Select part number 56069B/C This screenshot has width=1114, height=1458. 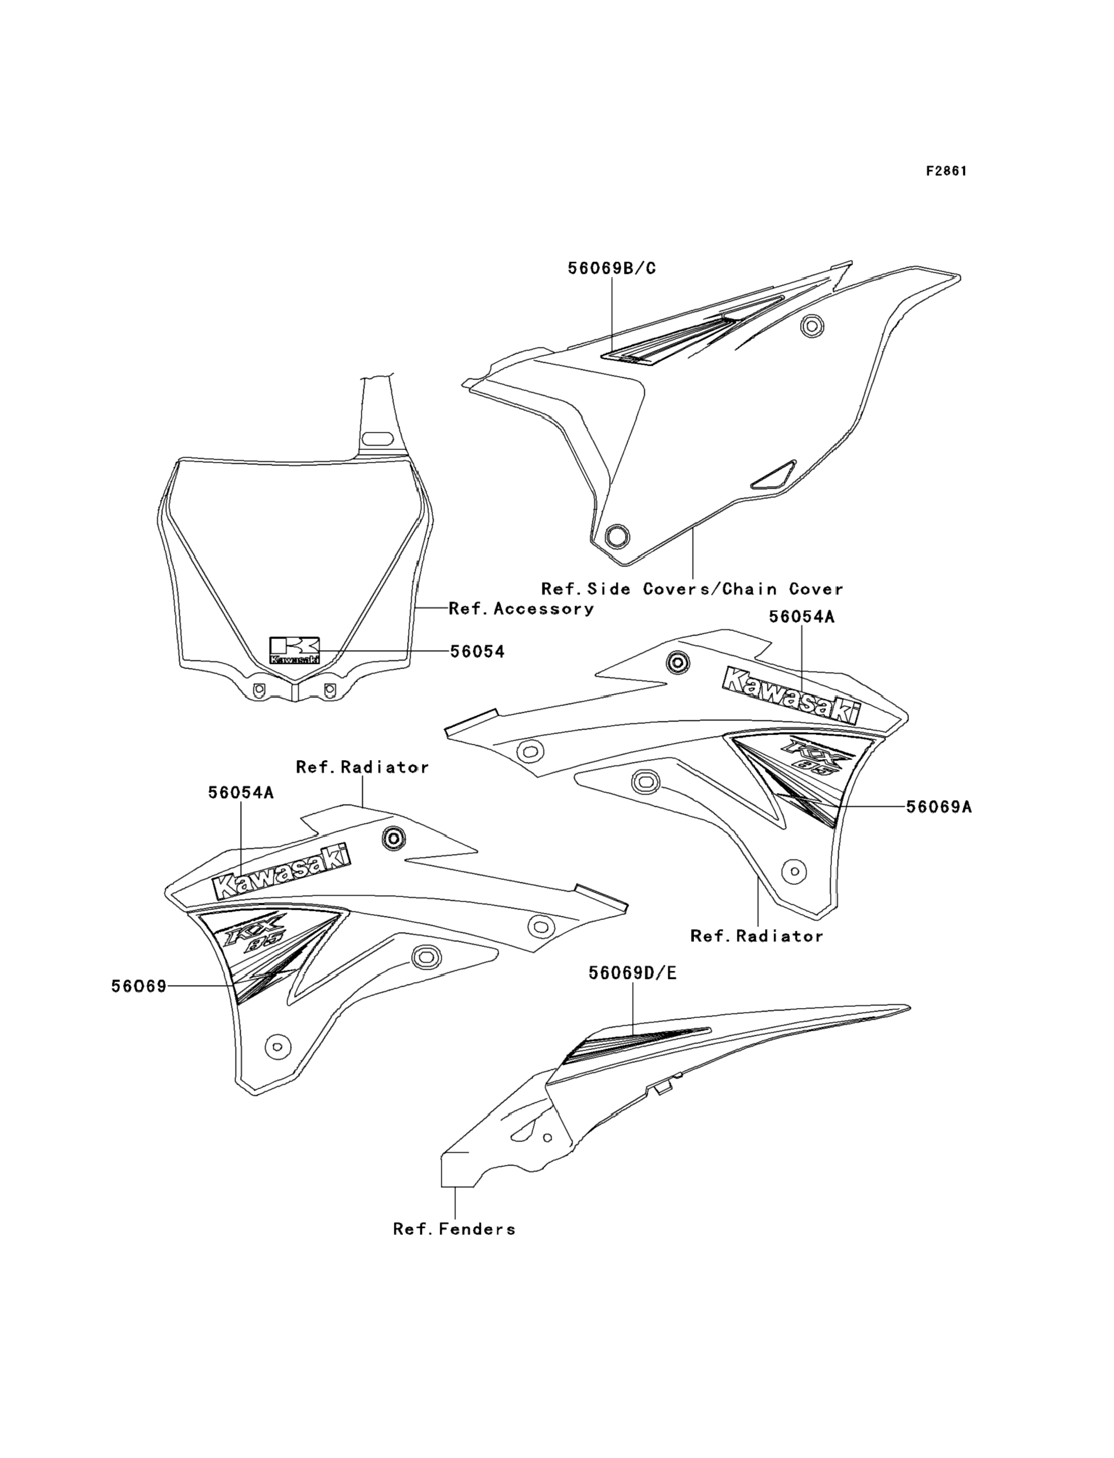coord(612,268)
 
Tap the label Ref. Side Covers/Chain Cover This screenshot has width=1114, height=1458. coord(692,589)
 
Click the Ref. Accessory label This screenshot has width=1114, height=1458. coord(521,609)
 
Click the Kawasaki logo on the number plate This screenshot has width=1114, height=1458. coord(294,650)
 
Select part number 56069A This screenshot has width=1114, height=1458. coord(939,807)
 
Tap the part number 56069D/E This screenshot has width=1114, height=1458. coord(633,973)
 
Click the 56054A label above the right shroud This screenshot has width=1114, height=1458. coord(802,616)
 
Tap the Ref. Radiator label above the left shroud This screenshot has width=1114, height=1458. coord(362,767)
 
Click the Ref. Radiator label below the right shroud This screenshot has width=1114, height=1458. coord(756,936)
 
